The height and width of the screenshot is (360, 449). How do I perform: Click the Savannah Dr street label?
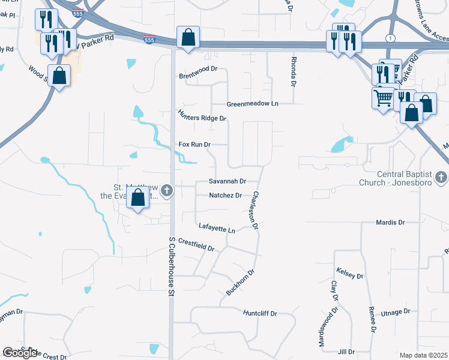228,181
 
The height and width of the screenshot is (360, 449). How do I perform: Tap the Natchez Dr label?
225,196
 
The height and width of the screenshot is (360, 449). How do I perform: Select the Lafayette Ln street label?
217,229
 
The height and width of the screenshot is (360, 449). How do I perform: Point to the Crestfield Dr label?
196,245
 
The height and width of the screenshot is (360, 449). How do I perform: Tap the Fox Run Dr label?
195,145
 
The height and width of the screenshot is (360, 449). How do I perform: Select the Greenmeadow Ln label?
253,104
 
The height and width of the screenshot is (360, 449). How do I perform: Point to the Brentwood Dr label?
197,76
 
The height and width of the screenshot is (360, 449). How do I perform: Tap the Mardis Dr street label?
390,223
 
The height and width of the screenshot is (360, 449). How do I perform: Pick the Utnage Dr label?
395,312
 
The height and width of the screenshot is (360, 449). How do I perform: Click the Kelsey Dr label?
350,274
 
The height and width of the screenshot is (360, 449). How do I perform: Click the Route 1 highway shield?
391,38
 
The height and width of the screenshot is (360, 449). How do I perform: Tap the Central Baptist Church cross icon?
441,177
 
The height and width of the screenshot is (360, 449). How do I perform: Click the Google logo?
20,353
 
